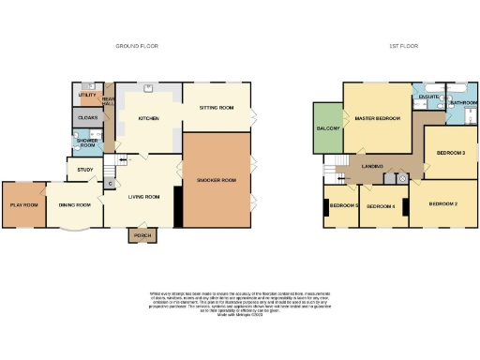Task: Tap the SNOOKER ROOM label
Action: point(217,179)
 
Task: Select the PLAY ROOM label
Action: point(23,204)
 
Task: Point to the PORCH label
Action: point(142,235)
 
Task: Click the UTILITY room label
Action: point(87,96)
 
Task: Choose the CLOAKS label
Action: point(88,117)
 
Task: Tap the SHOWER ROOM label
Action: point(87,142)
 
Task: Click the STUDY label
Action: point(84,170)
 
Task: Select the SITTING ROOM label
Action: point(216,108)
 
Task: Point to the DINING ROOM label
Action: point(74,204)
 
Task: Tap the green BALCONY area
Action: point(327,127)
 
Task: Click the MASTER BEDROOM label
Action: point(377,118)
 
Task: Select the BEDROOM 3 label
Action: point(451,152)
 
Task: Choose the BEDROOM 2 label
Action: point(442,203)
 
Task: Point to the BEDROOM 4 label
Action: point(380,205)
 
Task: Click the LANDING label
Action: point(374,166)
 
